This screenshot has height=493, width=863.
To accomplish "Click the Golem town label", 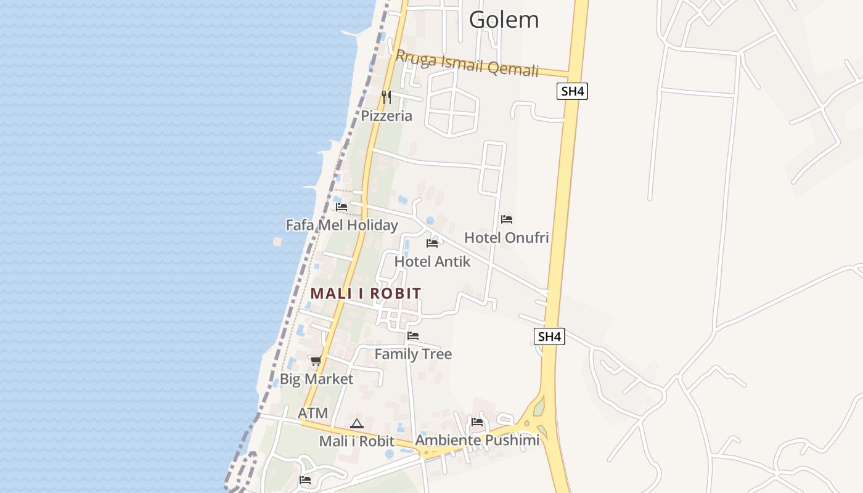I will point(504,20).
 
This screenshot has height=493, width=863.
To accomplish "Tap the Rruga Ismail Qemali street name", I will point(467,63).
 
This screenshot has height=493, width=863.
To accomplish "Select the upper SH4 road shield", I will point(572,92).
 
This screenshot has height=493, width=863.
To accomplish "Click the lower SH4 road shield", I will point(549,336).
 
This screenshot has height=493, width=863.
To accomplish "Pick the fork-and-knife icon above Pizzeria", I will point(387,97).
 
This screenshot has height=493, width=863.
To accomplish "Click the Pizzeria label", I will point(387,116).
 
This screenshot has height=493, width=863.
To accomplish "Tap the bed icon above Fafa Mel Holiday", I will point(342,207).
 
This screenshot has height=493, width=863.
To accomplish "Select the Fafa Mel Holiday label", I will point(342,225).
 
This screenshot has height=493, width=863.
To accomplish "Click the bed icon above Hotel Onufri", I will point(507,219).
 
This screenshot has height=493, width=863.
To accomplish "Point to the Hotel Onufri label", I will point(506,237).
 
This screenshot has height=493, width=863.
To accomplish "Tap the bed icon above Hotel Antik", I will point(432,243).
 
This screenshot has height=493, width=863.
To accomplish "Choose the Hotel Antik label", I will point(432,261).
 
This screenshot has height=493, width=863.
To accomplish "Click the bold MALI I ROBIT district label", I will point(366,293).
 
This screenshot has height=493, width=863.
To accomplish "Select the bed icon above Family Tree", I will point(413,336).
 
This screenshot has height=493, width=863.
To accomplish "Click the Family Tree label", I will point(413,354).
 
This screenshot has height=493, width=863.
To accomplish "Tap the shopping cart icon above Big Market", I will point(316,361).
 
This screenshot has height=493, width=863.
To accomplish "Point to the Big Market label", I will point(317,379).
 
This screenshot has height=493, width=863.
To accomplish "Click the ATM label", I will point(313,413).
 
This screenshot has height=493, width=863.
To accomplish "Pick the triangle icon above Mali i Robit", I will point(356,424).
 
